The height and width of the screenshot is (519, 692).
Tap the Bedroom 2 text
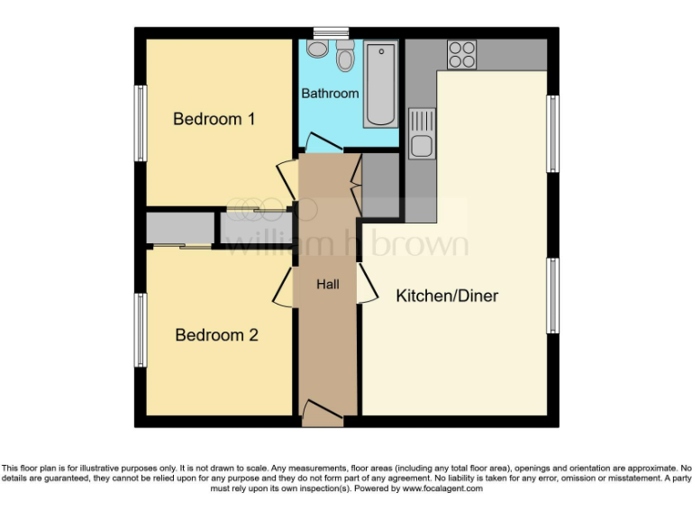(x=216, y=335)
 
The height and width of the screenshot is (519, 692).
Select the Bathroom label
(x=330, y=94)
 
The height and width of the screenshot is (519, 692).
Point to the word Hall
(x=327, y=285)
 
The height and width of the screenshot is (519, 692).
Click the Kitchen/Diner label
(x=447, y=296)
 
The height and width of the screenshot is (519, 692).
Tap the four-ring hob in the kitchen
(x=462, y=55)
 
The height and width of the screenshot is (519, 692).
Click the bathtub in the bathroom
(x=379, y=83)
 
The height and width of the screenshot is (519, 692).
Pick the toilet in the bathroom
(x=344, y=57)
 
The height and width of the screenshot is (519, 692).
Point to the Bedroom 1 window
(x=141, y=123)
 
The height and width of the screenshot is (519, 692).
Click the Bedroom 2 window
(x=141, y=331)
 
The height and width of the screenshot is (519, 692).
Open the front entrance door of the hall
(x=322, y=415)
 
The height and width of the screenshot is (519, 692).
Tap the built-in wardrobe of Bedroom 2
(x=179, y=230)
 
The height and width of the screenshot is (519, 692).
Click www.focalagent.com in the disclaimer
(x=442, y=488)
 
